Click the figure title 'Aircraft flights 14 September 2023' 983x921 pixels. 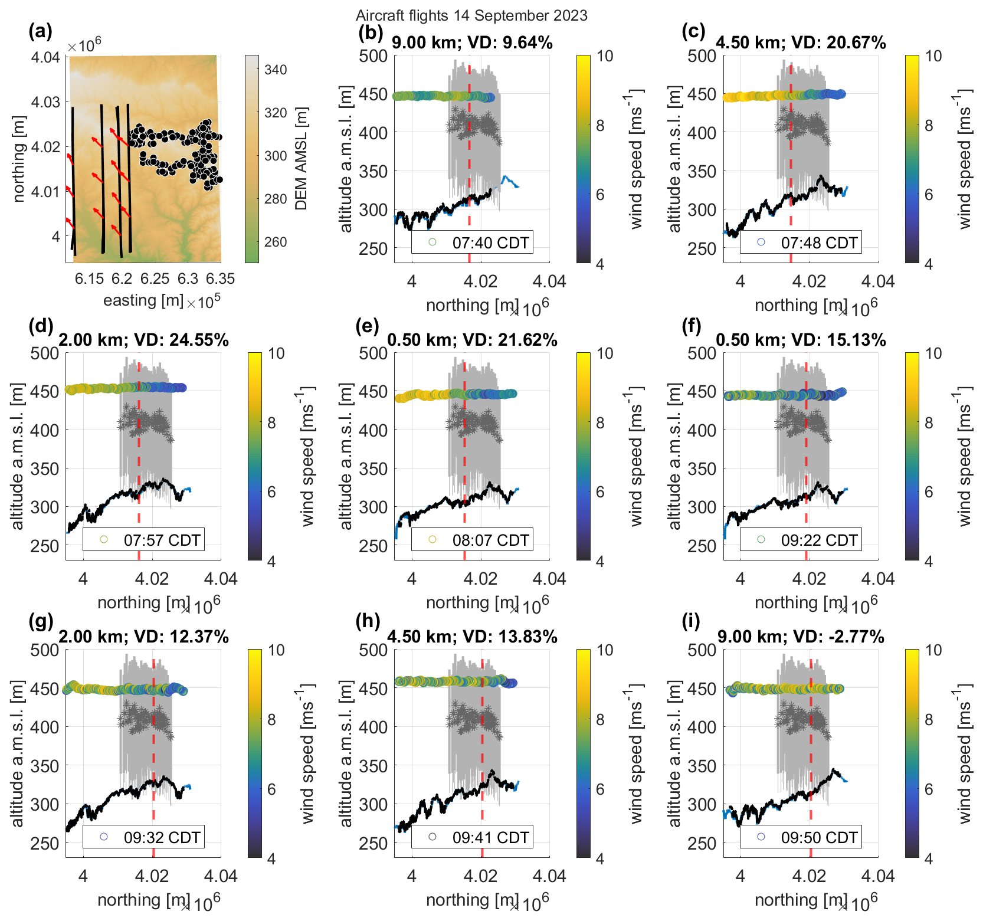471,15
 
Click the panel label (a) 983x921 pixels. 41,31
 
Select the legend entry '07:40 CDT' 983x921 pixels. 490,242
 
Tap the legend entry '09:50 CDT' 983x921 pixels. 818,837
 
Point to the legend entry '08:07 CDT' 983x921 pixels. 490,540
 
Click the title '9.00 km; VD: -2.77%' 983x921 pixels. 801,637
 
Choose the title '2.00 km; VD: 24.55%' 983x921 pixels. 143,340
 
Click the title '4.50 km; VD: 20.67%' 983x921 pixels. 801,42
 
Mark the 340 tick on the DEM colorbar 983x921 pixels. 276,70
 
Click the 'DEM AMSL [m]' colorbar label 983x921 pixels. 301,159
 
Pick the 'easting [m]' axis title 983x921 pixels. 143,300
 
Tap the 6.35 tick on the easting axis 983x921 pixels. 220,278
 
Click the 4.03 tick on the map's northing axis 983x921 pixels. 45,102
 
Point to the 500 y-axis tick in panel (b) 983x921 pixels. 373,56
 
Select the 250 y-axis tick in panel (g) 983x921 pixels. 45,844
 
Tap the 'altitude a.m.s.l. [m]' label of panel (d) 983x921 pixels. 18,456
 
